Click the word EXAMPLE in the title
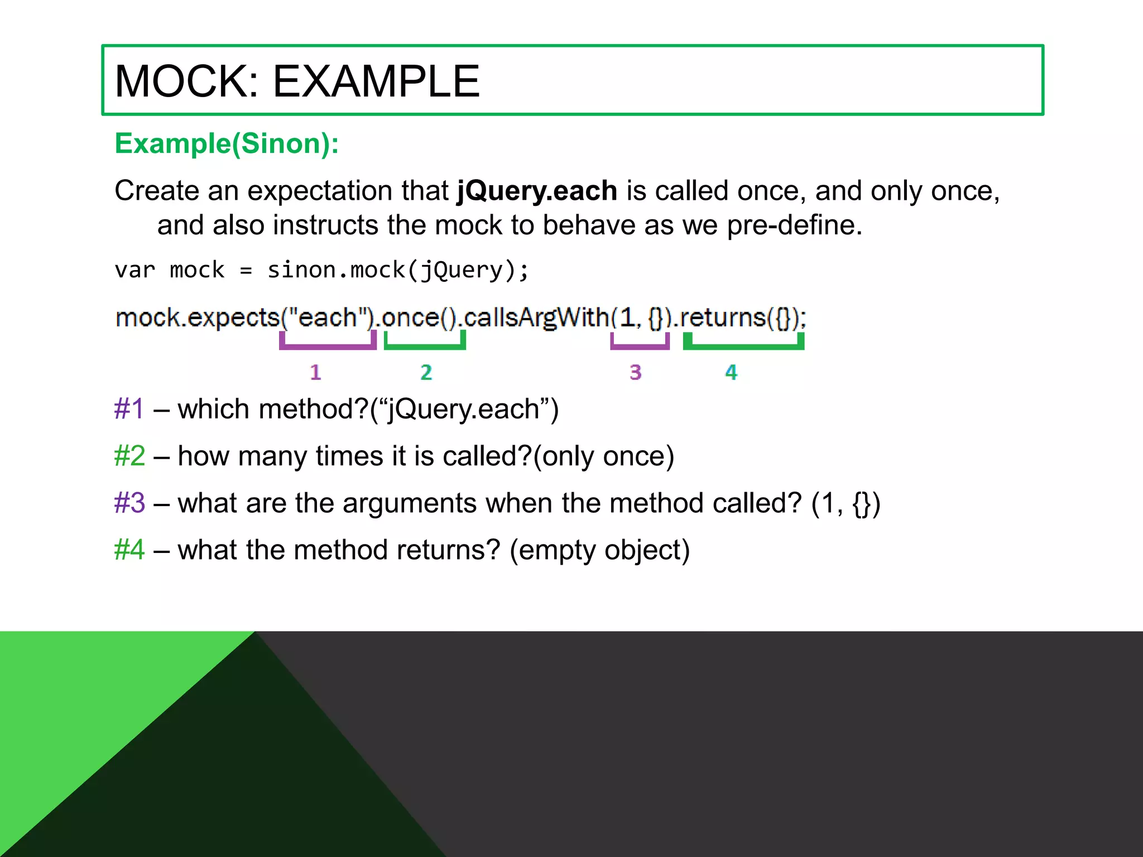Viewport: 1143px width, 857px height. coord(376,81)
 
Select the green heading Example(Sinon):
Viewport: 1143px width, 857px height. coord(227,144)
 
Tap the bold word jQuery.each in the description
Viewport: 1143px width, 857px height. coord(537,191)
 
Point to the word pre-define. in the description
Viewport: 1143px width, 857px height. coord(794,225)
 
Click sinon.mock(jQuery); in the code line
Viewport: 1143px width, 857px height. coord(397,271)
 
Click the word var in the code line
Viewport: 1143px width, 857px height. coord(135,271)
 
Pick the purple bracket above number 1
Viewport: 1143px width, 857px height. coord(328,345)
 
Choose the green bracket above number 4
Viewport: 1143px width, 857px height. coord(743,345)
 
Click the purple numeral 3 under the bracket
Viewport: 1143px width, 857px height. coord(636,372)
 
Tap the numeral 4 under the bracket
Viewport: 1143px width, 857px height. coord(731,372)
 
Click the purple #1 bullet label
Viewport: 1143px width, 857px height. coord(129,409)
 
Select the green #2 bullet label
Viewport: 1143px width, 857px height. coord(129,456)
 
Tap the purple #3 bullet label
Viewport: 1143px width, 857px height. coord(129,503)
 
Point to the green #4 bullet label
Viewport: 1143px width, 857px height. coord(129,550)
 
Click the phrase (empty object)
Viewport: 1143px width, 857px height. coord(599,550)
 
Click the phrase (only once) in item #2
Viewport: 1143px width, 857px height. coord(603,456)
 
